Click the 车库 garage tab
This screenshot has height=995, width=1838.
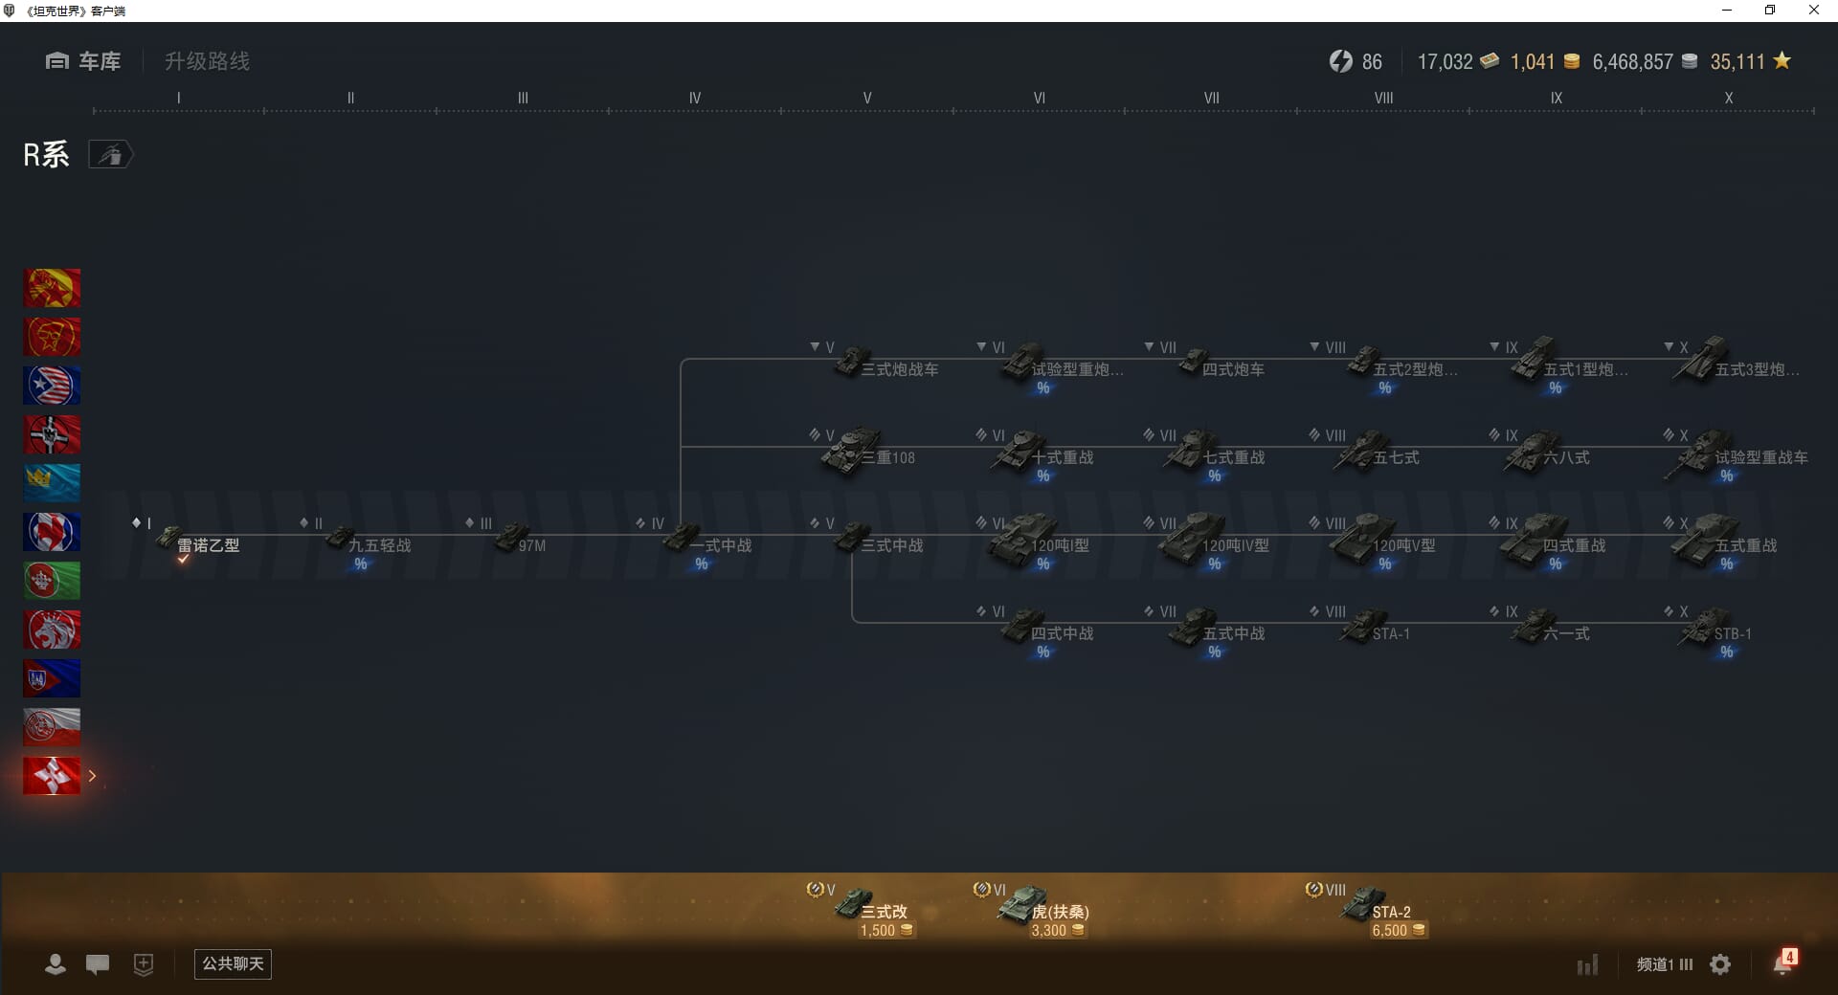tap(83, 61)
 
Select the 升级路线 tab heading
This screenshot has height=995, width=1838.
tap(207, 61)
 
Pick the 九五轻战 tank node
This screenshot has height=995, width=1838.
tap(370, 542)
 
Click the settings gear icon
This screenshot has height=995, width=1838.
tap(1720, 964)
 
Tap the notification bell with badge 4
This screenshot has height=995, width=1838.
tap(1782, 963)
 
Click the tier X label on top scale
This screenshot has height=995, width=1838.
tap(1728, 98)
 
